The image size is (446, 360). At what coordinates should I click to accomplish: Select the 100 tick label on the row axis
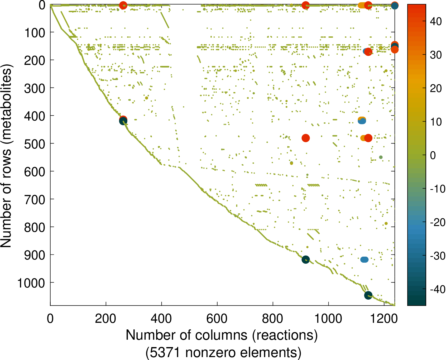(x=35, y=33)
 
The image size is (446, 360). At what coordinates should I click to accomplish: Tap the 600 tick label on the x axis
(x=217, y=319)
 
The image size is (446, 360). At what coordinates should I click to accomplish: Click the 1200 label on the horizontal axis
(x=384, y=319)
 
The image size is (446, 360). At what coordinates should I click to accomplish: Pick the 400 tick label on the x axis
(x=161, y=319)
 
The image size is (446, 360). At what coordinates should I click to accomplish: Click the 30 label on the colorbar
(x=436, y=55)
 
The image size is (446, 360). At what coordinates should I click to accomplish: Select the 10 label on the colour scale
(x=436, y=122)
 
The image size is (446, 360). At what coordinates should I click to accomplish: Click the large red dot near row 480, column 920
(x=305, y=138)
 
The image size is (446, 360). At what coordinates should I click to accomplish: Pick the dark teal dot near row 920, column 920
(x=305, y=260)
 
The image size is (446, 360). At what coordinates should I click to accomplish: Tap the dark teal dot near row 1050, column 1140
(x=368, y=295)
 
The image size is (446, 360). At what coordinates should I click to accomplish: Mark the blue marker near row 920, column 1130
(x=364, y=260)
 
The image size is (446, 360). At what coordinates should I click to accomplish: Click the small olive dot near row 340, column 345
(x=147, y=98)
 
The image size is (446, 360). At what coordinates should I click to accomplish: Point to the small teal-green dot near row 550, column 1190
(x=381, y=157)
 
